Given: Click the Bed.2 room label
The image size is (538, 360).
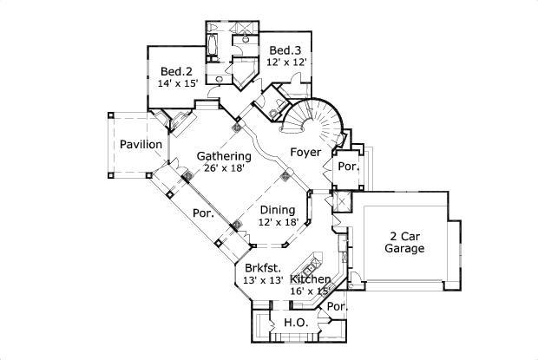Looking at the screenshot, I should coord(175,70).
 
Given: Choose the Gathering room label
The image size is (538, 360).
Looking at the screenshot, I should coord(224,156).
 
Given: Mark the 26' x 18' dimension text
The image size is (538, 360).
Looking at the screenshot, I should coord(224,168).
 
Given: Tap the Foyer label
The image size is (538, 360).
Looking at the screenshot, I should coord(305,153).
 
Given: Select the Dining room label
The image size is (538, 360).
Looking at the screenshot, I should coord(278,209).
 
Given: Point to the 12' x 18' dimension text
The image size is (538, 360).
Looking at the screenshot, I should coord(278,222).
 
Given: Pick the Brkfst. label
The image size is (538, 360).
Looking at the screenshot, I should coord(262,268).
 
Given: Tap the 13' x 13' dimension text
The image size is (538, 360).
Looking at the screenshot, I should coord(262,280).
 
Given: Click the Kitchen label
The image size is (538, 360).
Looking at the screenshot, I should coord(310,279).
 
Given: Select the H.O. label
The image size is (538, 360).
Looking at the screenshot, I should coord(296,324).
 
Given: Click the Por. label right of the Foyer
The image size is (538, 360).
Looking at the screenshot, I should coord(348,166).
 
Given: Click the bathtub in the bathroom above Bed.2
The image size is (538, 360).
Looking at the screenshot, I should coord(213,43).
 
